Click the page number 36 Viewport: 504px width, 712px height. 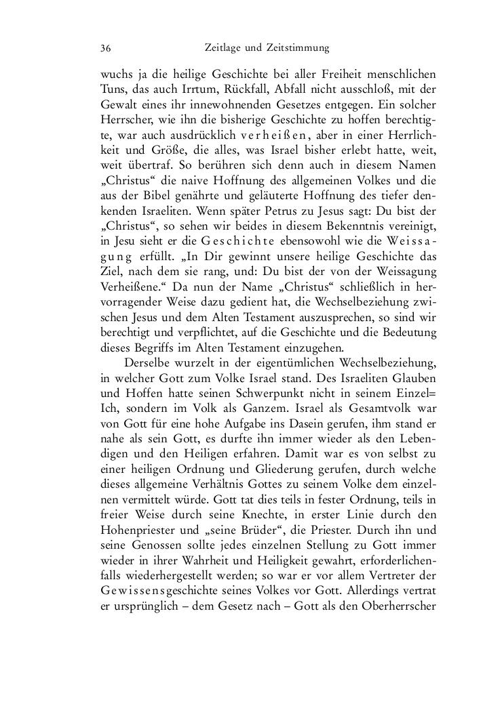[x=105, y=48]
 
